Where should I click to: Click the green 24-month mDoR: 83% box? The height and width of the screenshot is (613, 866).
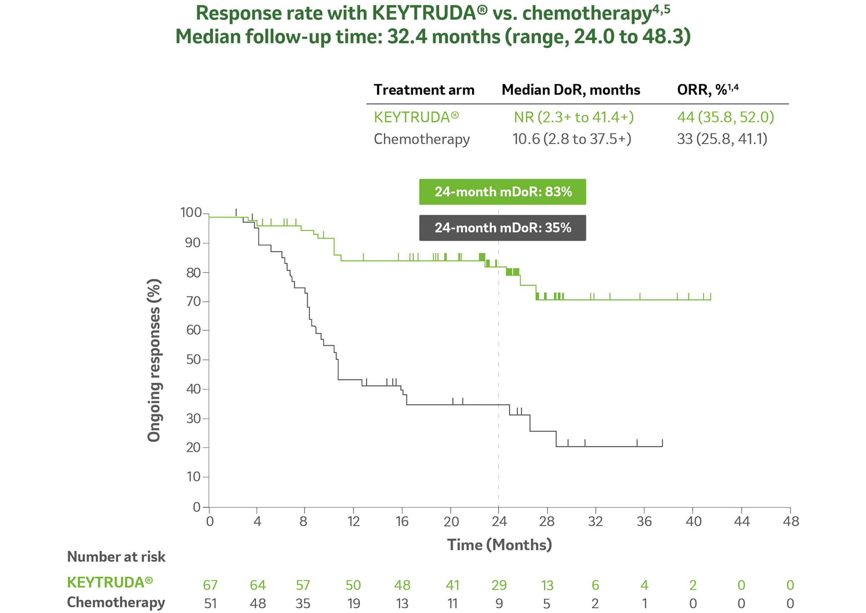502,192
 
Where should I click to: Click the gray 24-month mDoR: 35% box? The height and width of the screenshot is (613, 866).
502,228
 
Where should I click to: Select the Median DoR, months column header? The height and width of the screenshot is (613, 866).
571,90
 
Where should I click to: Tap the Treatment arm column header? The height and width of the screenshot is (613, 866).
424,90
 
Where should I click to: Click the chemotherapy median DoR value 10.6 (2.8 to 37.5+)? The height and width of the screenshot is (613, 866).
572,139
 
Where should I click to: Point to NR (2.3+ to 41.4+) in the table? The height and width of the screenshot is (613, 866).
574,117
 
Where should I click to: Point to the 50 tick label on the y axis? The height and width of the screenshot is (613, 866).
193,360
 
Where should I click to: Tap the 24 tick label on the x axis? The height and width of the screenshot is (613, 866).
499,522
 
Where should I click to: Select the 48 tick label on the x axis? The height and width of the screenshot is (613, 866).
791,522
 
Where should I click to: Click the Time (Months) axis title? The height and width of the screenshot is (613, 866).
499,545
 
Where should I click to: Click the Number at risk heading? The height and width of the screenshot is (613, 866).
116,557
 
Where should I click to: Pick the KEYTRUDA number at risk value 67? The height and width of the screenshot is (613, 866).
210,585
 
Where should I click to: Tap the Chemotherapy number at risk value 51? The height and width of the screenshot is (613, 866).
210,604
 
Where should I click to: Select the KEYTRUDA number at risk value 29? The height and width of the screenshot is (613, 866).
499,585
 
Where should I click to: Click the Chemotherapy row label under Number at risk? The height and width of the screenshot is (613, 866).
116,603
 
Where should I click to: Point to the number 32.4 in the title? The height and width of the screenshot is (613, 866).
407,37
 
